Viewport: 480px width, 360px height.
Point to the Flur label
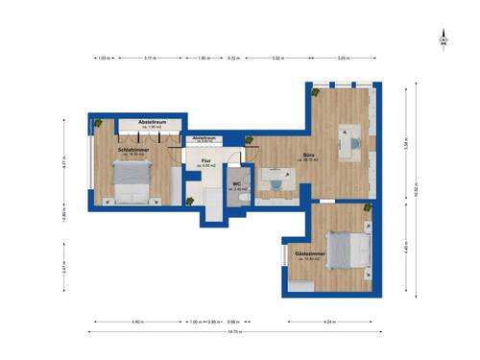(x=205, y=162)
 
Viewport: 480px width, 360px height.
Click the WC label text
(x=237, y=185)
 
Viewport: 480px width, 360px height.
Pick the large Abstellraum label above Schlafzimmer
(x=153, y=124)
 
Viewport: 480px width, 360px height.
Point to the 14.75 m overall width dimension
(x=234, y=332)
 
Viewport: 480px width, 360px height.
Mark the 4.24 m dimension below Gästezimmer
(x=329, y=321)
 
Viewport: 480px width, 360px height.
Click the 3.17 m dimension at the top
(x=150, y=58)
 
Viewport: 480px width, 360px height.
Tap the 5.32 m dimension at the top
(x=277, y=58)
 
